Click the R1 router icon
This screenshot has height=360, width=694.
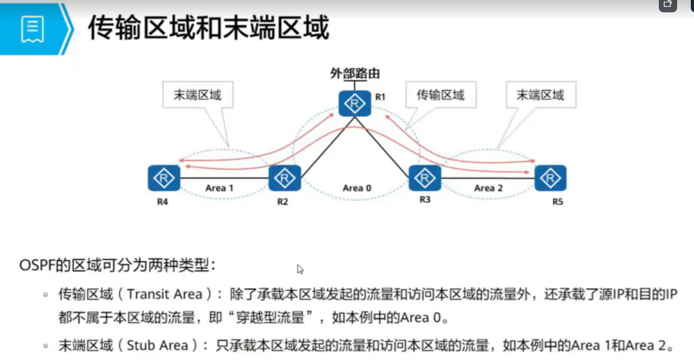click(355, 103)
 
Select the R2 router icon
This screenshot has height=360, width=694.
click(285, 178)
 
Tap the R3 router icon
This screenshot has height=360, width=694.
click(424, 178)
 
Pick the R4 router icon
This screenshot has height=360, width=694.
click(164, 178)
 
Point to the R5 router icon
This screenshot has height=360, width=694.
click(550, 178)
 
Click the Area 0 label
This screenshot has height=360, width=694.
click(357, 188)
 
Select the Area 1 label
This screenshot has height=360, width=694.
click(219, 188)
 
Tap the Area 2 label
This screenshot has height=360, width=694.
click(488, 188)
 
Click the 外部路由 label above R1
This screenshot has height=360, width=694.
click(355, 74)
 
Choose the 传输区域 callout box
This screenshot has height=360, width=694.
click(440, 95)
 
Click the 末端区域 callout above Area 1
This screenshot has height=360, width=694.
click(197, 95)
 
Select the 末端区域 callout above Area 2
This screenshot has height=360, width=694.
click(540, 95)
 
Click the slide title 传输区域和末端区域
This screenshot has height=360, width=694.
click(208, 28)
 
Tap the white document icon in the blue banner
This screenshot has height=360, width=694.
click(32, 29)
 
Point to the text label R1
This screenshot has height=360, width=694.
click(380, 97)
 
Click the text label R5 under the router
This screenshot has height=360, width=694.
click(557, 202)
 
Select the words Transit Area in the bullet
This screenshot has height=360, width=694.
click(164, 294)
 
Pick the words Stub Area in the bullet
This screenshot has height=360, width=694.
click(157, 345)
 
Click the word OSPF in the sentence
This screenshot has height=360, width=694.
click(37, 265)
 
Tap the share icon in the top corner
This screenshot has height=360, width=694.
click(668, 5)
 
